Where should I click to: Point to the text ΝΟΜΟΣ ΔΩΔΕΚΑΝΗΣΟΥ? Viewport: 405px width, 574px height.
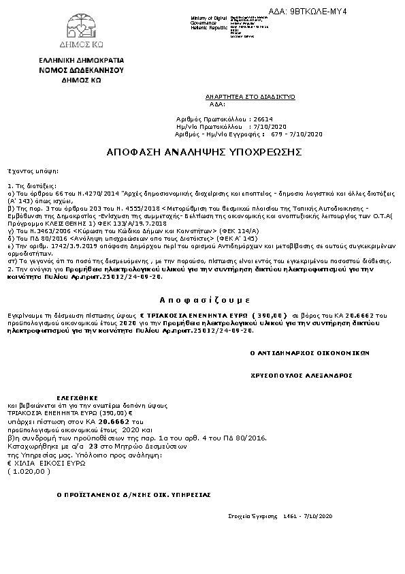81,70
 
